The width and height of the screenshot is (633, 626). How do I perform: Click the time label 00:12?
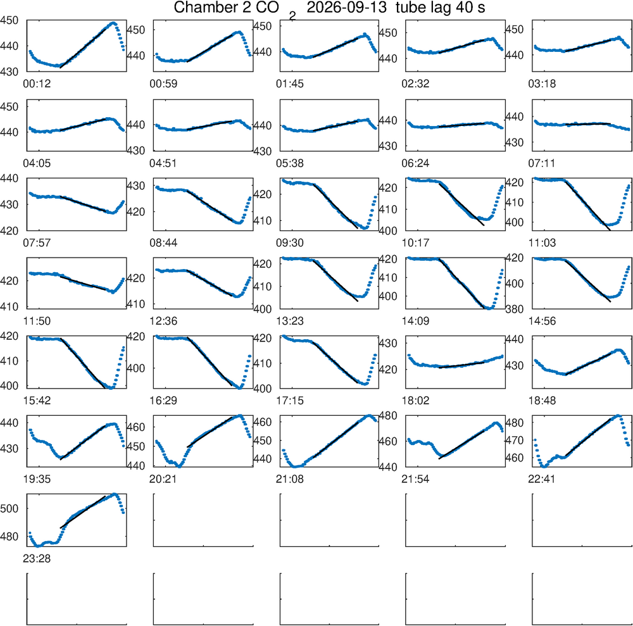point(37,84)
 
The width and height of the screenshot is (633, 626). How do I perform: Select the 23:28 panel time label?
point(37,559)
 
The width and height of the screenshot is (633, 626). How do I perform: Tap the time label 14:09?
point(415,322)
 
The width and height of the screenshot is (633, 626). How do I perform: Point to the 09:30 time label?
point(290,243)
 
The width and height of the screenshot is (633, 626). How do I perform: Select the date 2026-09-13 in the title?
point(347,7)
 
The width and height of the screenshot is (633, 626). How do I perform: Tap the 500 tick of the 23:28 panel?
point(9,508)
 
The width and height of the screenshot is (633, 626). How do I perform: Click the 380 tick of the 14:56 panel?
point(514,310)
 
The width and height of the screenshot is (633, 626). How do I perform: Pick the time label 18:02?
point(415,401)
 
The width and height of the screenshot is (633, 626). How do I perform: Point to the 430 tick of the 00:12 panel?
point(9,72)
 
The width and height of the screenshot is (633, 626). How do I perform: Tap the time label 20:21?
point(163,479)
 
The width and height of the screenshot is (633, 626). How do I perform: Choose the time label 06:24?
point(415,163)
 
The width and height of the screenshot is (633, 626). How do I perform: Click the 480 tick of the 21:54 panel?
point(388,416)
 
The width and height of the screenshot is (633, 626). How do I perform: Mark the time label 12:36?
point(163,322)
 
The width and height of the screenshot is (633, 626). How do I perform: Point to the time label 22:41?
point(542,479)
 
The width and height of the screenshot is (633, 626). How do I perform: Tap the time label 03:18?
point(542,84)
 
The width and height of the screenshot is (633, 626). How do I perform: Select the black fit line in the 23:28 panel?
point(83,512)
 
